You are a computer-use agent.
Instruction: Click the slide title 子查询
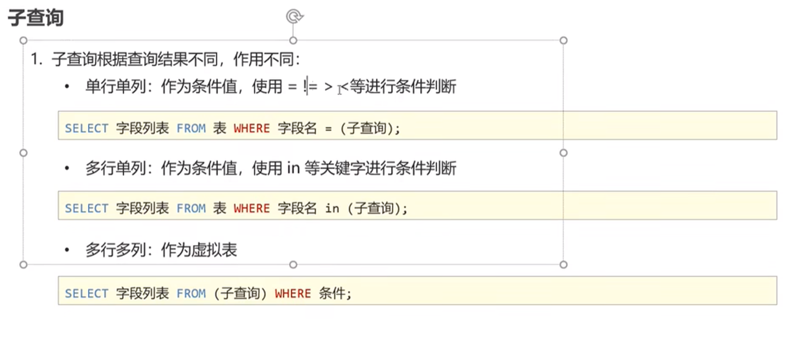(36, 18)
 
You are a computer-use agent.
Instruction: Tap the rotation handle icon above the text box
(294, 17)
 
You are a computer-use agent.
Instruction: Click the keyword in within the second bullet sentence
(293, 168)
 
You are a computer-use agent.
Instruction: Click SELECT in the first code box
(87, 129)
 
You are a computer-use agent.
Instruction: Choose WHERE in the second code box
(252, 209)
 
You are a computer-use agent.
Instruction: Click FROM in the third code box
(191, 294)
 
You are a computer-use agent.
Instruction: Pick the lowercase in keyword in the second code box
(332, 209)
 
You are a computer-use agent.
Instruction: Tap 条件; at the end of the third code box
(334, 294)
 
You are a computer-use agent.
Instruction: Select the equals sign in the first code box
(328, 129)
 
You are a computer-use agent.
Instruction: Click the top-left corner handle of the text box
(23, 41)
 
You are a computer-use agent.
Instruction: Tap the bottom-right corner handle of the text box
(563, 265)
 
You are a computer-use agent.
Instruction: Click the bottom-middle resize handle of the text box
(293, 265)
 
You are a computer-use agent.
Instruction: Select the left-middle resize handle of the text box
(23, 153)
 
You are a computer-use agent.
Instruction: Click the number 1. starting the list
(37, 60)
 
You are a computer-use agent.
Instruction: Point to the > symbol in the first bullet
(328, 87)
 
